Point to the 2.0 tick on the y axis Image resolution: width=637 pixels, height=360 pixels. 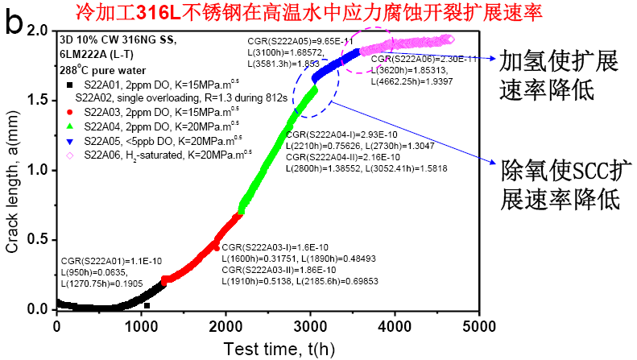point(38,31)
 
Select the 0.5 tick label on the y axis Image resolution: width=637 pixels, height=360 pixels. point(38,239)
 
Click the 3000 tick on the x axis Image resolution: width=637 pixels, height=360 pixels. point(312,325)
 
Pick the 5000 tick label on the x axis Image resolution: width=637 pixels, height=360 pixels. point(481,325)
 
